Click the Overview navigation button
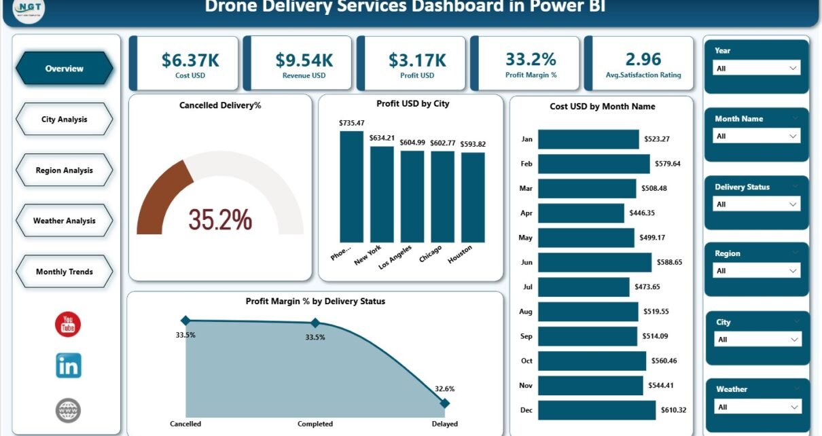click(65, 69)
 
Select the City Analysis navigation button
click(65, 120)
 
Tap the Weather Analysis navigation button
click(65, 221)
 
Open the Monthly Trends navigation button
click(65, 272)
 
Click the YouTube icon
click(68, 324)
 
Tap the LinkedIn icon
click(68, 365)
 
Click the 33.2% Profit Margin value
click(531, 60)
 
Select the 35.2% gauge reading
click(220, 219)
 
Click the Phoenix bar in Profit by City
click(351, 187)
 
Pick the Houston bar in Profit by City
click(473, 197)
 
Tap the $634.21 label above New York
click(382, 138)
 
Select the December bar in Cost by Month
click(596, 410)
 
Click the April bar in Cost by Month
click(581, 213)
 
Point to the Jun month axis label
click(526, 262)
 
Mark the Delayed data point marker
click(445, 403)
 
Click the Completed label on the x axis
click(315, 424)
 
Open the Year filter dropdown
click(757, 69)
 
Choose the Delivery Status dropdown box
click(757, 204)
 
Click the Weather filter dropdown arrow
click(793, 407)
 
